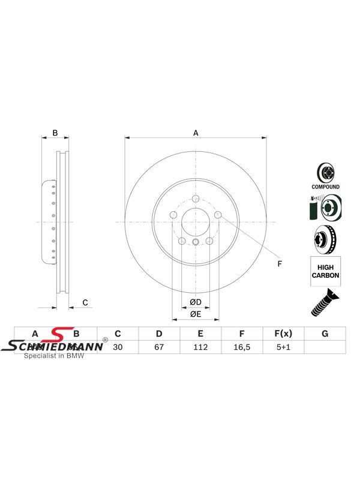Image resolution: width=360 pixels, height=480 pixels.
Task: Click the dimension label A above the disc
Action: coord(195,133)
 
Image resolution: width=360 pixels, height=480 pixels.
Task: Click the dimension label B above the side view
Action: coord(55,133)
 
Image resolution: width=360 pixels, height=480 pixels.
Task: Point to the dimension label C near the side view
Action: coord(85,302)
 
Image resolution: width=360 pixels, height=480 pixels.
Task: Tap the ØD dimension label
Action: coord(195,302)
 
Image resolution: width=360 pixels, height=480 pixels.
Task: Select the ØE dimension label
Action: coord(195,314)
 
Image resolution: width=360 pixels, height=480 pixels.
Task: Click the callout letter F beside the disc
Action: coord(278,263)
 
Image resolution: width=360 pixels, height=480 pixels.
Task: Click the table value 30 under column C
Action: coord(118,346)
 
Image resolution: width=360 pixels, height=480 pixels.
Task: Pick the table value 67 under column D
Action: coord(159,346)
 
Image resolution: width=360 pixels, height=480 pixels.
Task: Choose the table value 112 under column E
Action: coord(200,346)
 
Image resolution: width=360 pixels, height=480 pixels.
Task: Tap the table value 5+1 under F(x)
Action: coord(283,346)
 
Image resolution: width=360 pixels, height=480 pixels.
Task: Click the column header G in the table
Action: coord(325,334)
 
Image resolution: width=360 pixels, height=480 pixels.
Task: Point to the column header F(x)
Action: coord(283,334)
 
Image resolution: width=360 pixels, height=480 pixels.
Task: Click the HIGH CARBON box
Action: coord(325,271)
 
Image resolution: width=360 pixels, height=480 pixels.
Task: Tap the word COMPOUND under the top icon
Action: coord(325,187)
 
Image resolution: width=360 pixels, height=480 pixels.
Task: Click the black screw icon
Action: coord(322,302)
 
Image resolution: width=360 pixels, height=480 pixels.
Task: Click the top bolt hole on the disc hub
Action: coord(196,199)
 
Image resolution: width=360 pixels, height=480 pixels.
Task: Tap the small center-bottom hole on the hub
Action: coord(196,242)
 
